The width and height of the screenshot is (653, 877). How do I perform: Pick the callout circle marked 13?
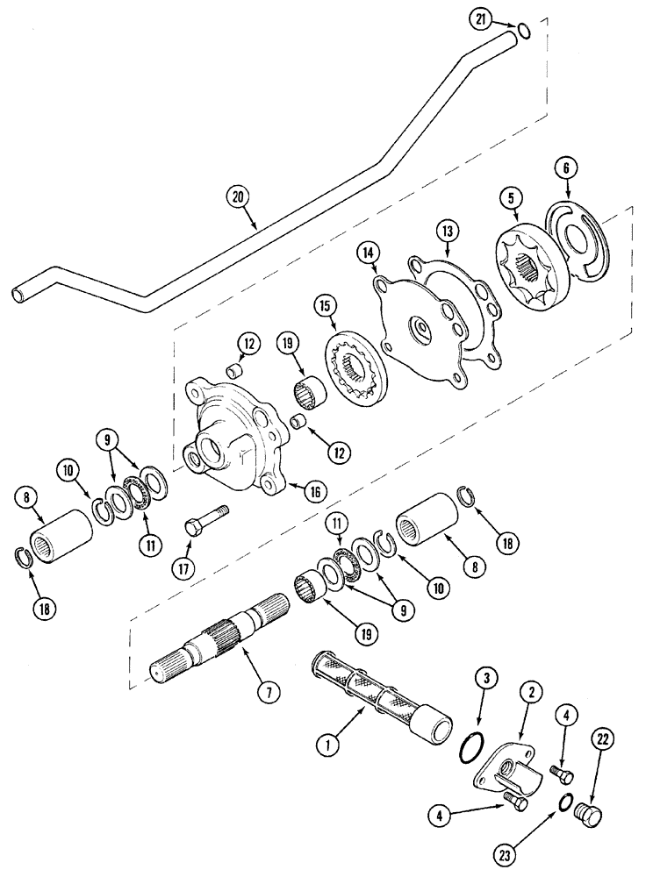[x=448, y=232]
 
